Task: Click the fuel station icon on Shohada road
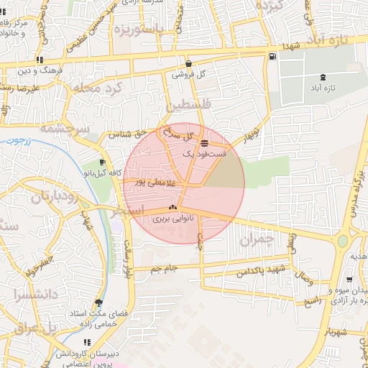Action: point(271,57)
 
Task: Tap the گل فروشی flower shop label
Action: point(189,74)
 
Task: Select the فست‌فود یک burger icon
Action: point(206,142)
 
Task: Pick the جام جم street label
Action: point(164,270)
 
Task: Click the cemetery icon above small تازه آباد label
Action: point(321,77)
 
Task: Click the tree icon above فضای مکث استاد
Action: point(98,303)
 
